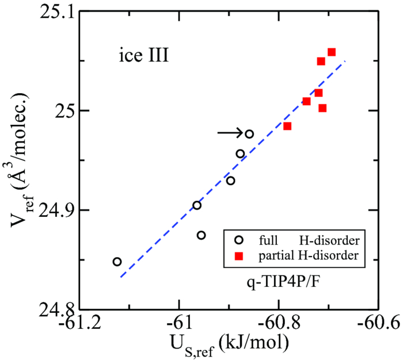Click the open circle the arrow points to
(249, 134)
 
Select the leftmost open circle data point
(117, 262)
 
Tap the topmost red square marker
(332, 52)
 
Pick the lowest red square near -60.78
(287, 126)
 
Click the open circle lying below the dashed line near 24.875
(201, 235)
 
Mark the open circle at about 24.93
(230, 181)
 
